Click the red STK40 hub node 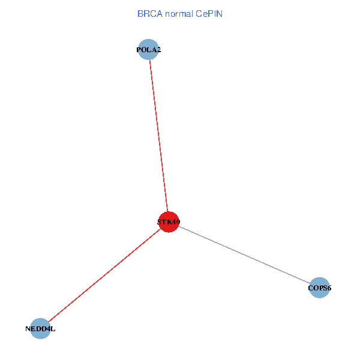169,222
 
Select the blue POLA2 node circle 148,50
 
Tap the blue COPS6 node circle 320,288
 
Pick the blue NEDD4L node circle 40,328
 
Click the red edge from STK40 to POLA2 158,135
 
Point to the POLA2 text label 148,50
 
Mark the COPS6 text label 320,289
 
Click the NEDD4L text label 41,329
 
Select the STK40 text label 169,223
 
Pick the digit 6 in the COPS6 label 329,289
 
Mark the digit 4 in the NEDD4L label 47,329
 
